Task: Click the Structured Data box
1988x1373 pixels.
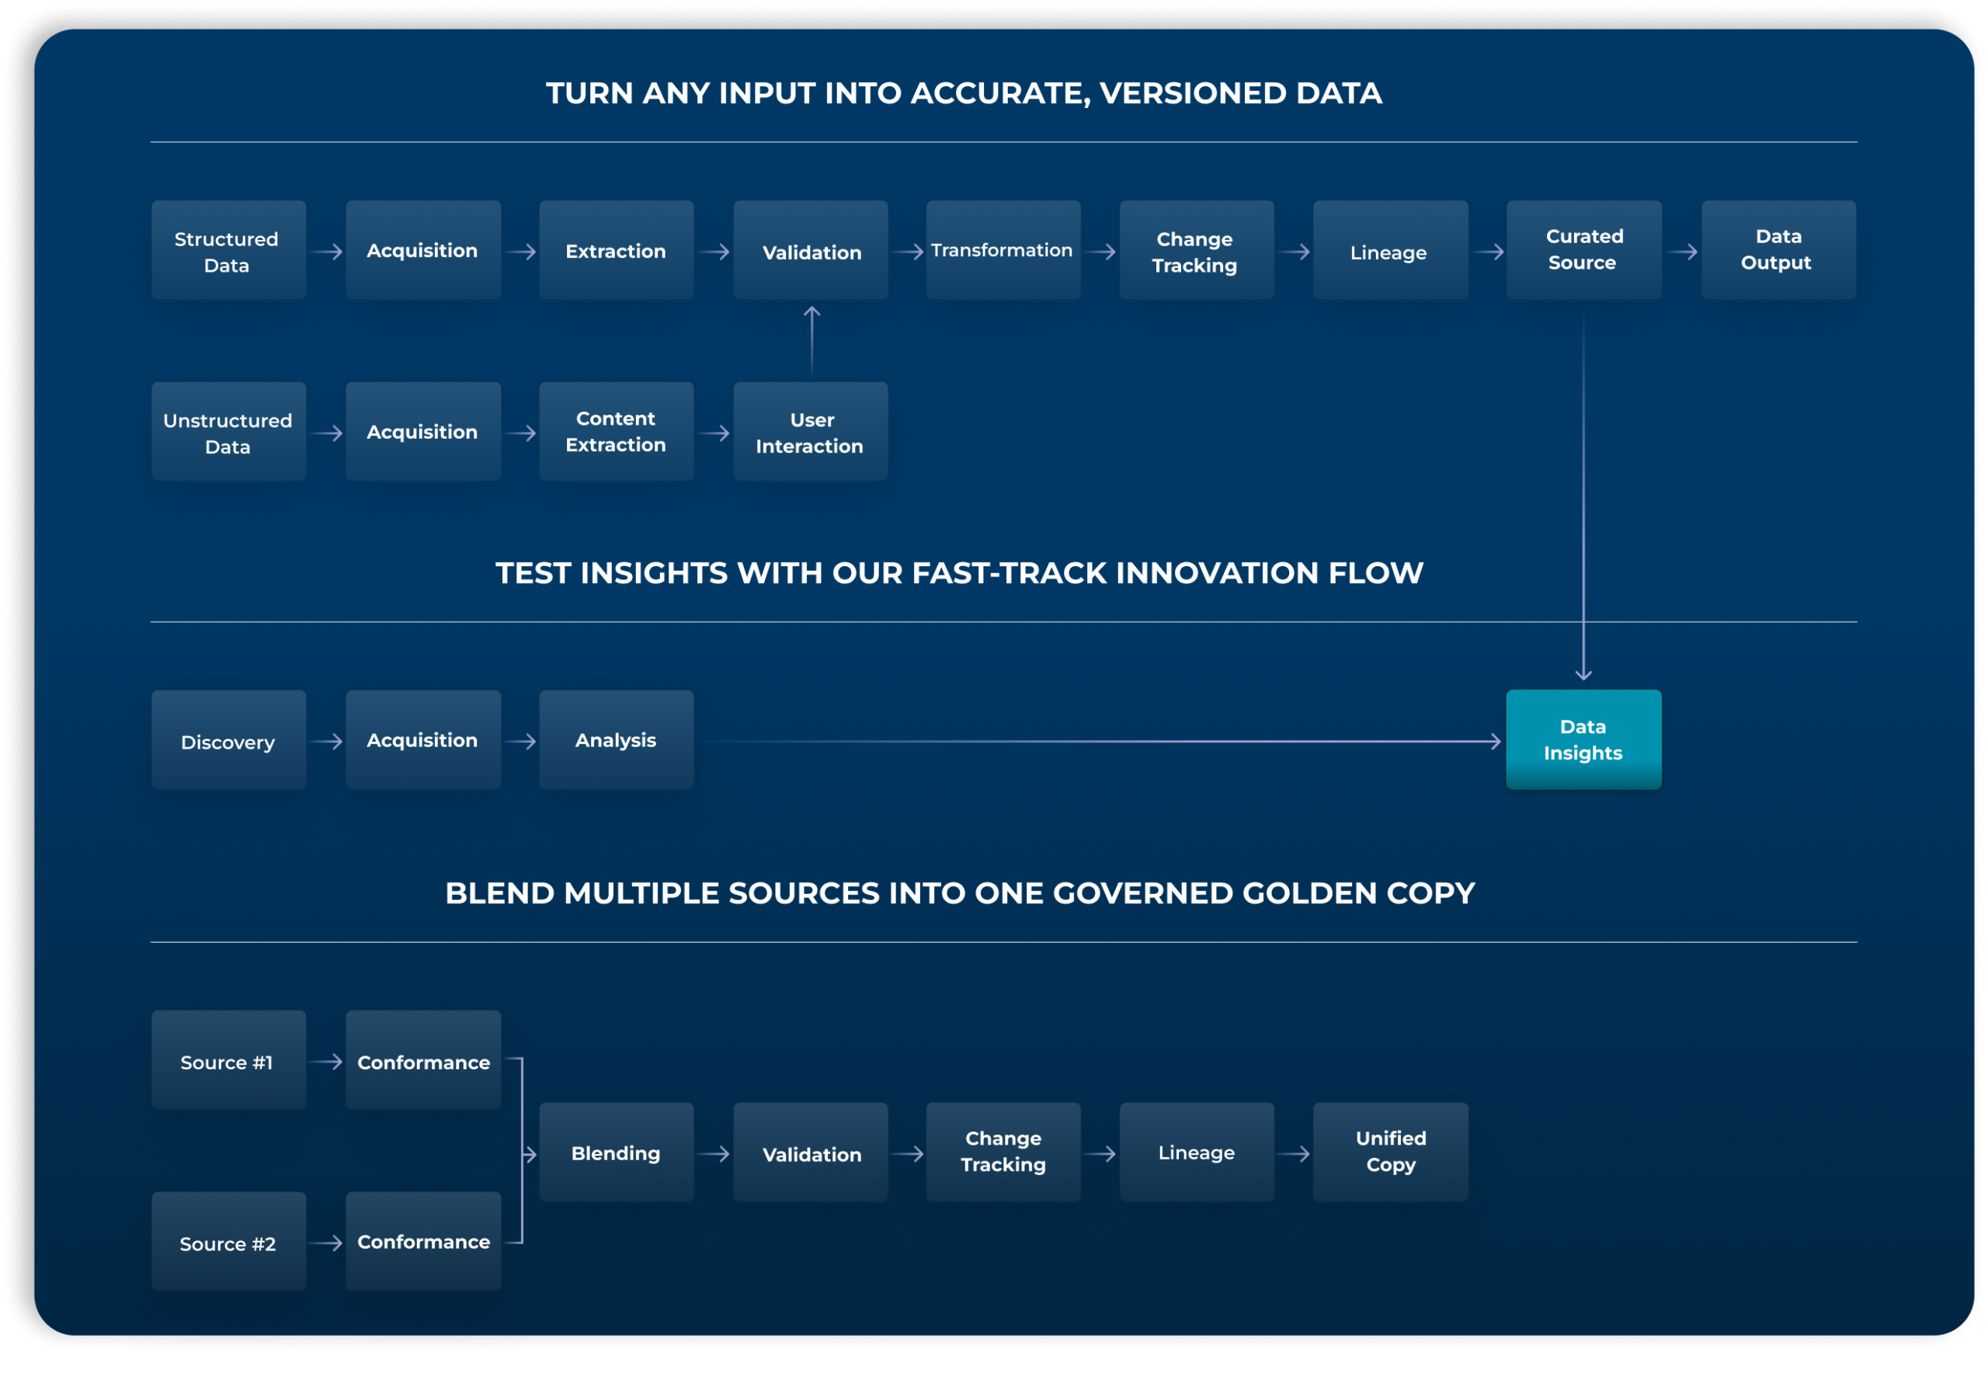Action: (228, 250)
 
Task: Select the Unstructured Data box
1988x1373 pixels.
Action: (228, 432)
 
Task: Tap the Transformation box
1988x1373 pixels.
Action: (1003, 250)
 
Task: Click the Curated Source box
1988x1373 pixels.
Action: (1583, 250)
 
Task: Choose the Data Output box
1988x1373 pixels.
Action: (1778, 250)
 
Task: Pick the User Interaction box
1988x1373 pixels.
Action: (809, 432)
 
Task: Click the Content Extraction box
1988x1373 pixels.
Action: (616, 432)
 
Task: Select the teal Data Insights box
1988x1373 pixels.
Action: (1583, 740)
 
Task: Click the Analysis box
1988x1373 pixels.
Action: (616, 740)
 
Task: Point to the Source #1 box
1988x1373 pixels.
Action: (228, 1061)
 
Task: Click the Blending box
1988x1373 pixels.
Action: (616, 1152)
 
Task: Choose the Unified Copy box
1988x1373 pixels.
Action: (1390, 1152)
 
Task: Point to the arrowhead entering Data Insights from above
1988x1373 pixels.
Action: (1583, 673)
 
